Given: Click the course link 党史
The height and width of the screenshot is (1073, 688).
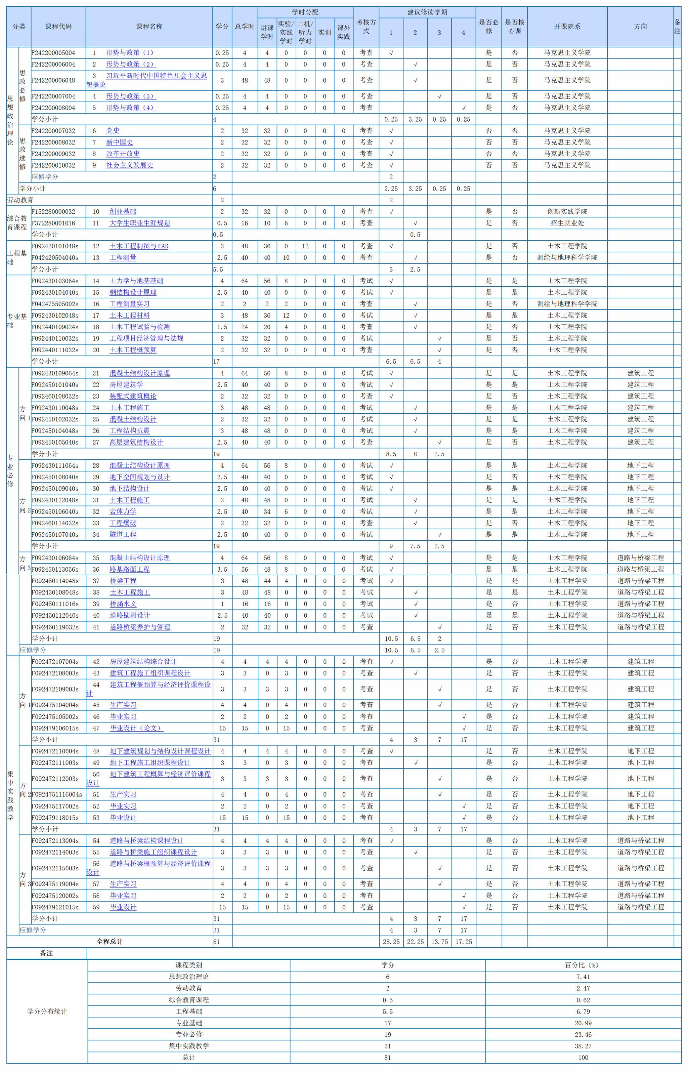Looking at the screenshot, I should tap(113, 130).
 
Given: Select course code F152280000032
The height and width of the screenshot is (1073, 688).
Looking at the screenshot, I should tap(54, 211).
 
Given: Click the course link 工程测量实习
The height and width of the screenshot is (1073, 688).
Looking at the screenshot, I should tap(130, 304).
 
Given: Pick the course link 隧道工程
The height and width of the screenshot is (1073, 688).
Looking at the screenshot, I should tap(123, 535).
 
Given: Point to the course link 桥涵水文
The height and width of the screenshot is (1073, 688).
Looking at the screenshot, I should tap(123, 604).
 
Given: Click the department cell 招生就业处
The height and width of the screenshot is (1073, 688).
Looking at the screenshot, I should tap(567, 223).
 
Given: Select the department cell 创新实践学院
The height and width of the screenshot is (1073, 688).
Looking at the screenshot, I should tap(567, 211).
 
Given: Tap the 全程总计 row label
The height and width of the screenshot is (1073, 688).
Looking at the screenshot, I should tap(110, 942).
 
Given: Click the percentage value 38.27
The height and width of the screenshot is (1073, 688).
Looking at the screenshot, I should tap(583, 1046).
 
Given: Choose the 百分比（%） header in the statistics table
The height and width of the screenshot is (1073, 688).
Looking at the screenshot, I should tap(583, 965).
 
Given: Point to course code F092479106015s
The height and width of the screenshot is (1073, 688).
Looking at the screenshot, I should tap(55, 728).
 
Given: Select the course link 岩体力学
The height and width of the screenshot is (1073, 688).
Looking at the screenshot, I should tap(123, 511).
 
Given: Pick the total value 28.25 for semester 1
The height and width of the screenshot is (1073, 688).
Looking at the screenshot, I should tap(391, 942).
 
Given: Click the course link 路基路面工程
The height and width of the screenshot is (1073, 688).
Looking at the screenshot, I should tap(130, 569).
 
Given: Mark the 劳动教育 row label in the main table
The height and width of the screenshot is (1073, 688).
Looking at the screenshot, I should tap(20, 200).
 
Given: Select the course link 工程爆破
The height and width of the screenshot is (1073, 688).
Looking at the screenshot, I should tap(123, 523).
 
